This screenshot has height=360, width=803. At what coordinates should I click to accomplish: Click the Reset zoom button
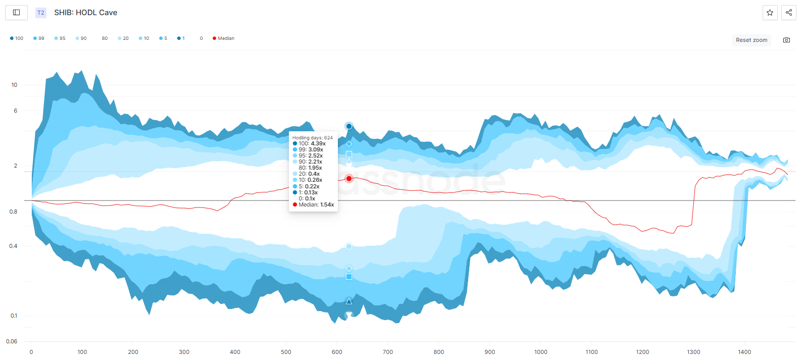point(751,40)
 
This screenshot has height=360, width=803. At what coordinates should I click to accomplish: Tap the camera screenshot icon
point(786,40)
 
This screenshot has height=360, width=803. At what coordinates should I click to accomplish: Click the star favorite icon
point(770,13)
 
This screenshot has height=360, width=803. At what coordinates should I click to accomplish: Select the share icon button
point(788,13)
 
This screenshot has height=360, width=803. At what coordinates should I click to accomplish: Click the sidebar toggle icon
point(16,13)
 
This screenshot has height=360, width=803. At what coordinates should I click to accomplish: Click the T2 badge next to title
point(41,13)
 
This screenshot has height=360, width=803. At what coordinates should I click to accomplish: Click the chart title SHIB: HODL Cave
point(86,13)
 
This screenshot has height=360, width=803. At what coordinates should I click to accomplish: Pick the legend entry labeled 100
point(17,38)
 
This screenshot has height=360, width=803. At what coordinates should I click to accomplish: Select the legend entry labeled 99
point(38,38)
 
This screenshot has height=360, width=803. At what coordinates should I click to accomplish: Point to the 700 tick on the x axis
point(388,352)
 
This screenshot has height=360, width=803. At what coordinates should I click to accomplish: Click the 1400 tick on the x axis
point(744,352)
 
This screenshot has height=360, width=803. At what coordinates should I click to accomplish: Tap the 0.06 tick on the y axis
point(12,341)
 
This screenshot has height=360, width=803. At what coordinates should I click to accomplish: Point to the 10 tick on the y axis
point(14,85)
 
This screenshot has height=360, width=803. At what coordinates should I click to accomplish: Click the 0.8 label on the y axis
point(13,212)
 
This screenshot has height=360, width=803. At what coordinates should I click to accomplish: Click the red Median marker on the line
point(349,179)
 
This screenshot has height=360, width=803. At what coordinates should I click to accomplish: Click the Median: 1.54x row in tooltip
point(313,204)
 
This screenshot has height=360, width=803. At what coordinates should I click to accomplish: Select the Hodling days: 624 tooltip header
point(312,137)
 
